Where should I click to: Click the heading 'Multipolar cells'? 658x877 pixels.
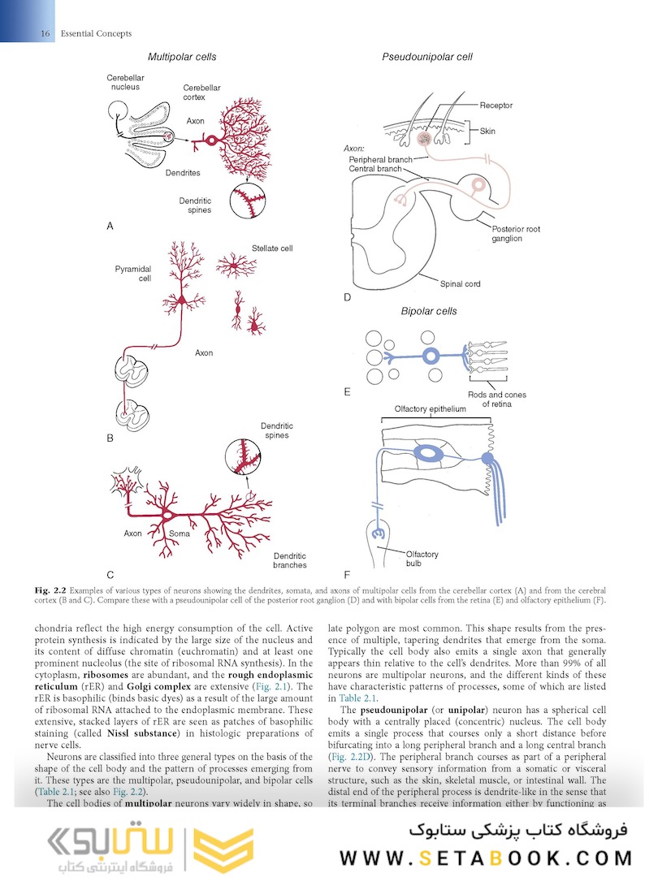181,57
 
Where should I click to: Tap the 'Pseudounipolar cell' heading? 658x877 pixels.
427,57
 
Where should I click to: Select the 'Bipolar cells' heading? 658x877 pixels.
428,311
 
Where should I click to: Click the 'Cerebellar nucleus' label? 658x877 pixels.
124,83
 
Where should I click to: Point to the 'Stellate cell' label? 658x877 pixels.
272,248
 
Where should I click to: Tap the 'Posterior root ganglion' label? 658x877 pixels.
515,234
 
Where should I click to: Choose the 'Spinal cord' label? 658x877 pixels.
460,284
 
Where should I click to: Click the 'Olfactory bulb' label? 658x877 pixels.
422,559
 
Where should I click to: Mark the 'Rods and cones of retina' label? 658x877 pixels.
497,400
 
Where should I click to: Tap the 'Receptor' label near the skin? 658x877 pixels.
496,106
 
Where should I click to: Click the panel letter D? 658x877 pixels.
347,298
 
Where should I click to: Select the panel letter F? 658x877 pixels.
347,573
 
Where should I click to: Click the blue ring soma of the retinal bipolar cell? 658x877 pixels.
429,355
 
